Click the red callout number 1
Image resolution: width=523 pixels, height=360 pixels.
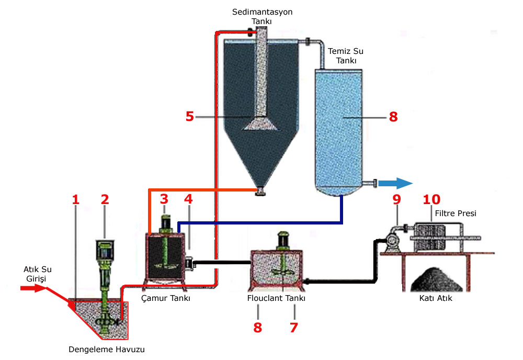[x=76, y=199]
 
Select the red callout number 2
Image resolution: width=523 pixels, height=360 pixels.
[x=105, y=199]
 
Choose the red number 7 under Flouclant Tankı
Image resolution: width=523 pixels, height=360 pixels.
[x=293, y=328]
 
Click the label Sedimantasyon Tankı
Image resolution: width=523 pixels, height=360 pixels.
[x=262, y=16]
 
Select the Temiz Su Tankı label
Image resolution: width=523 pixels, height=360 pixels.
[x=346, y=55]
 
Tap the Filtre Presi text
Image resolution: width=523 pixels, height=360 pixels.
[x=456, y=213]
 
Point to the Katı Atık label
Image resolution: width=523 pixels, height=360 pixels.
[x=436, y=298]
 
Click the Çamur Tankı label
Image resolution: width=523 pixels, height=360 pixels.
[x=166, y=298]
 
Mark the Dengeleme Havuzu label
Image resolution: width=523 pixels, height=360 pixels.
[x=107, y=350]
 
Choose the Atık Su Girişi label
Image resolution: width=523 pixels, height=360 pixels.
[x=37, y=274]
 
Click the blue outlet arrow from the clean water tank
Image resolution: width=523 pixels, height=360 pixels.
[x=395, y=183]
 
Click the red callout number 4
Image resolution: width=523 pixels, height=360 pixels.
[x=188, y=199]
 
